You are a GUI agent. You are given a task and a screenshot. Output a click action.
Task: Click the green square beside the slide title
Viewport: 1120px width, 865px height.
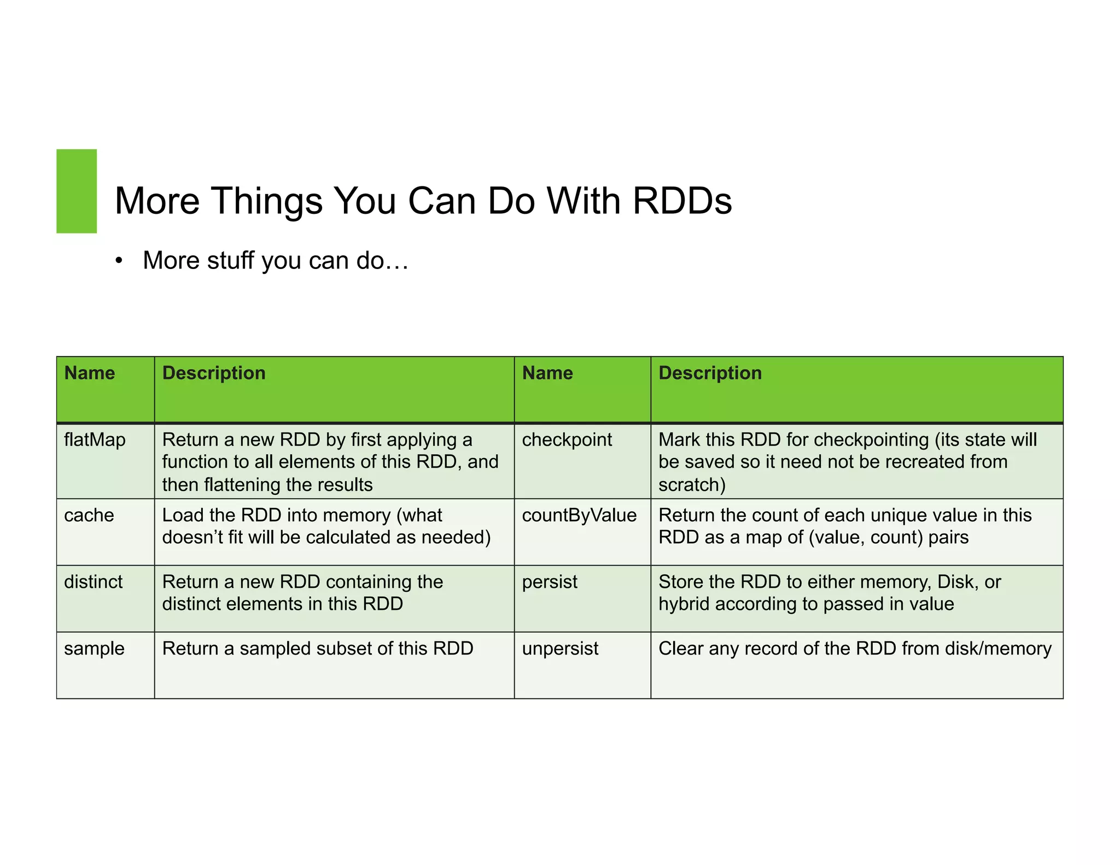(77, 191)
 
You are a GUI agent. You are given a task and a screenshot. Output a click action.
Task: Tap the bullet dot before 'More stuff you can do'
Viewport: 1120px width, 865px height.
(119, 261)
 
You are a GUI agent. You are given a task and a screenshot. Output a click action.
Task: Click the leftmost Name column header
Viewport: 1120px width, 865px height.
(90, 373)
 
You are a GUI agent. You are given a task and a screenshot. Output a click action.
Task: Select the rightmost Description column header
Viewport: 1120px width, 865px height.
(710, 373)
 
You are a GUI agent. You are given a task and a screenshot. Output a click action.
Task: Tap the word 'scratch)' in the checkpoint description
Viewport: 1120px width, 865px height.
(692, 485)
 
